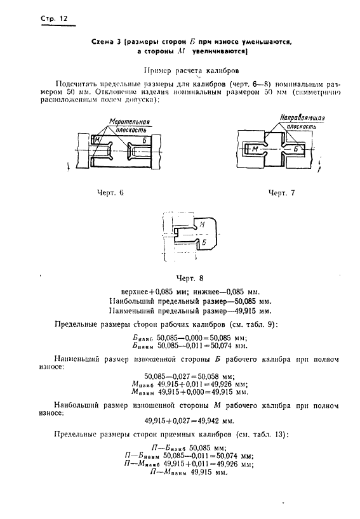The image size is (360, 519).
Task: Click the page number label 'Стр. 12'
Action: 50,18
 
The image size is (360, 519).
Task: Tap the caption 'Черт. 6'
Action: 110,192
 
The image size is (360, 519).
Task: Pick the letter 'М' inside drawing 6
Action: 97,138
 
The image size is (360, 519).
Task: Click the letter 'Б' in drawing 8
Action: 202,242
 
